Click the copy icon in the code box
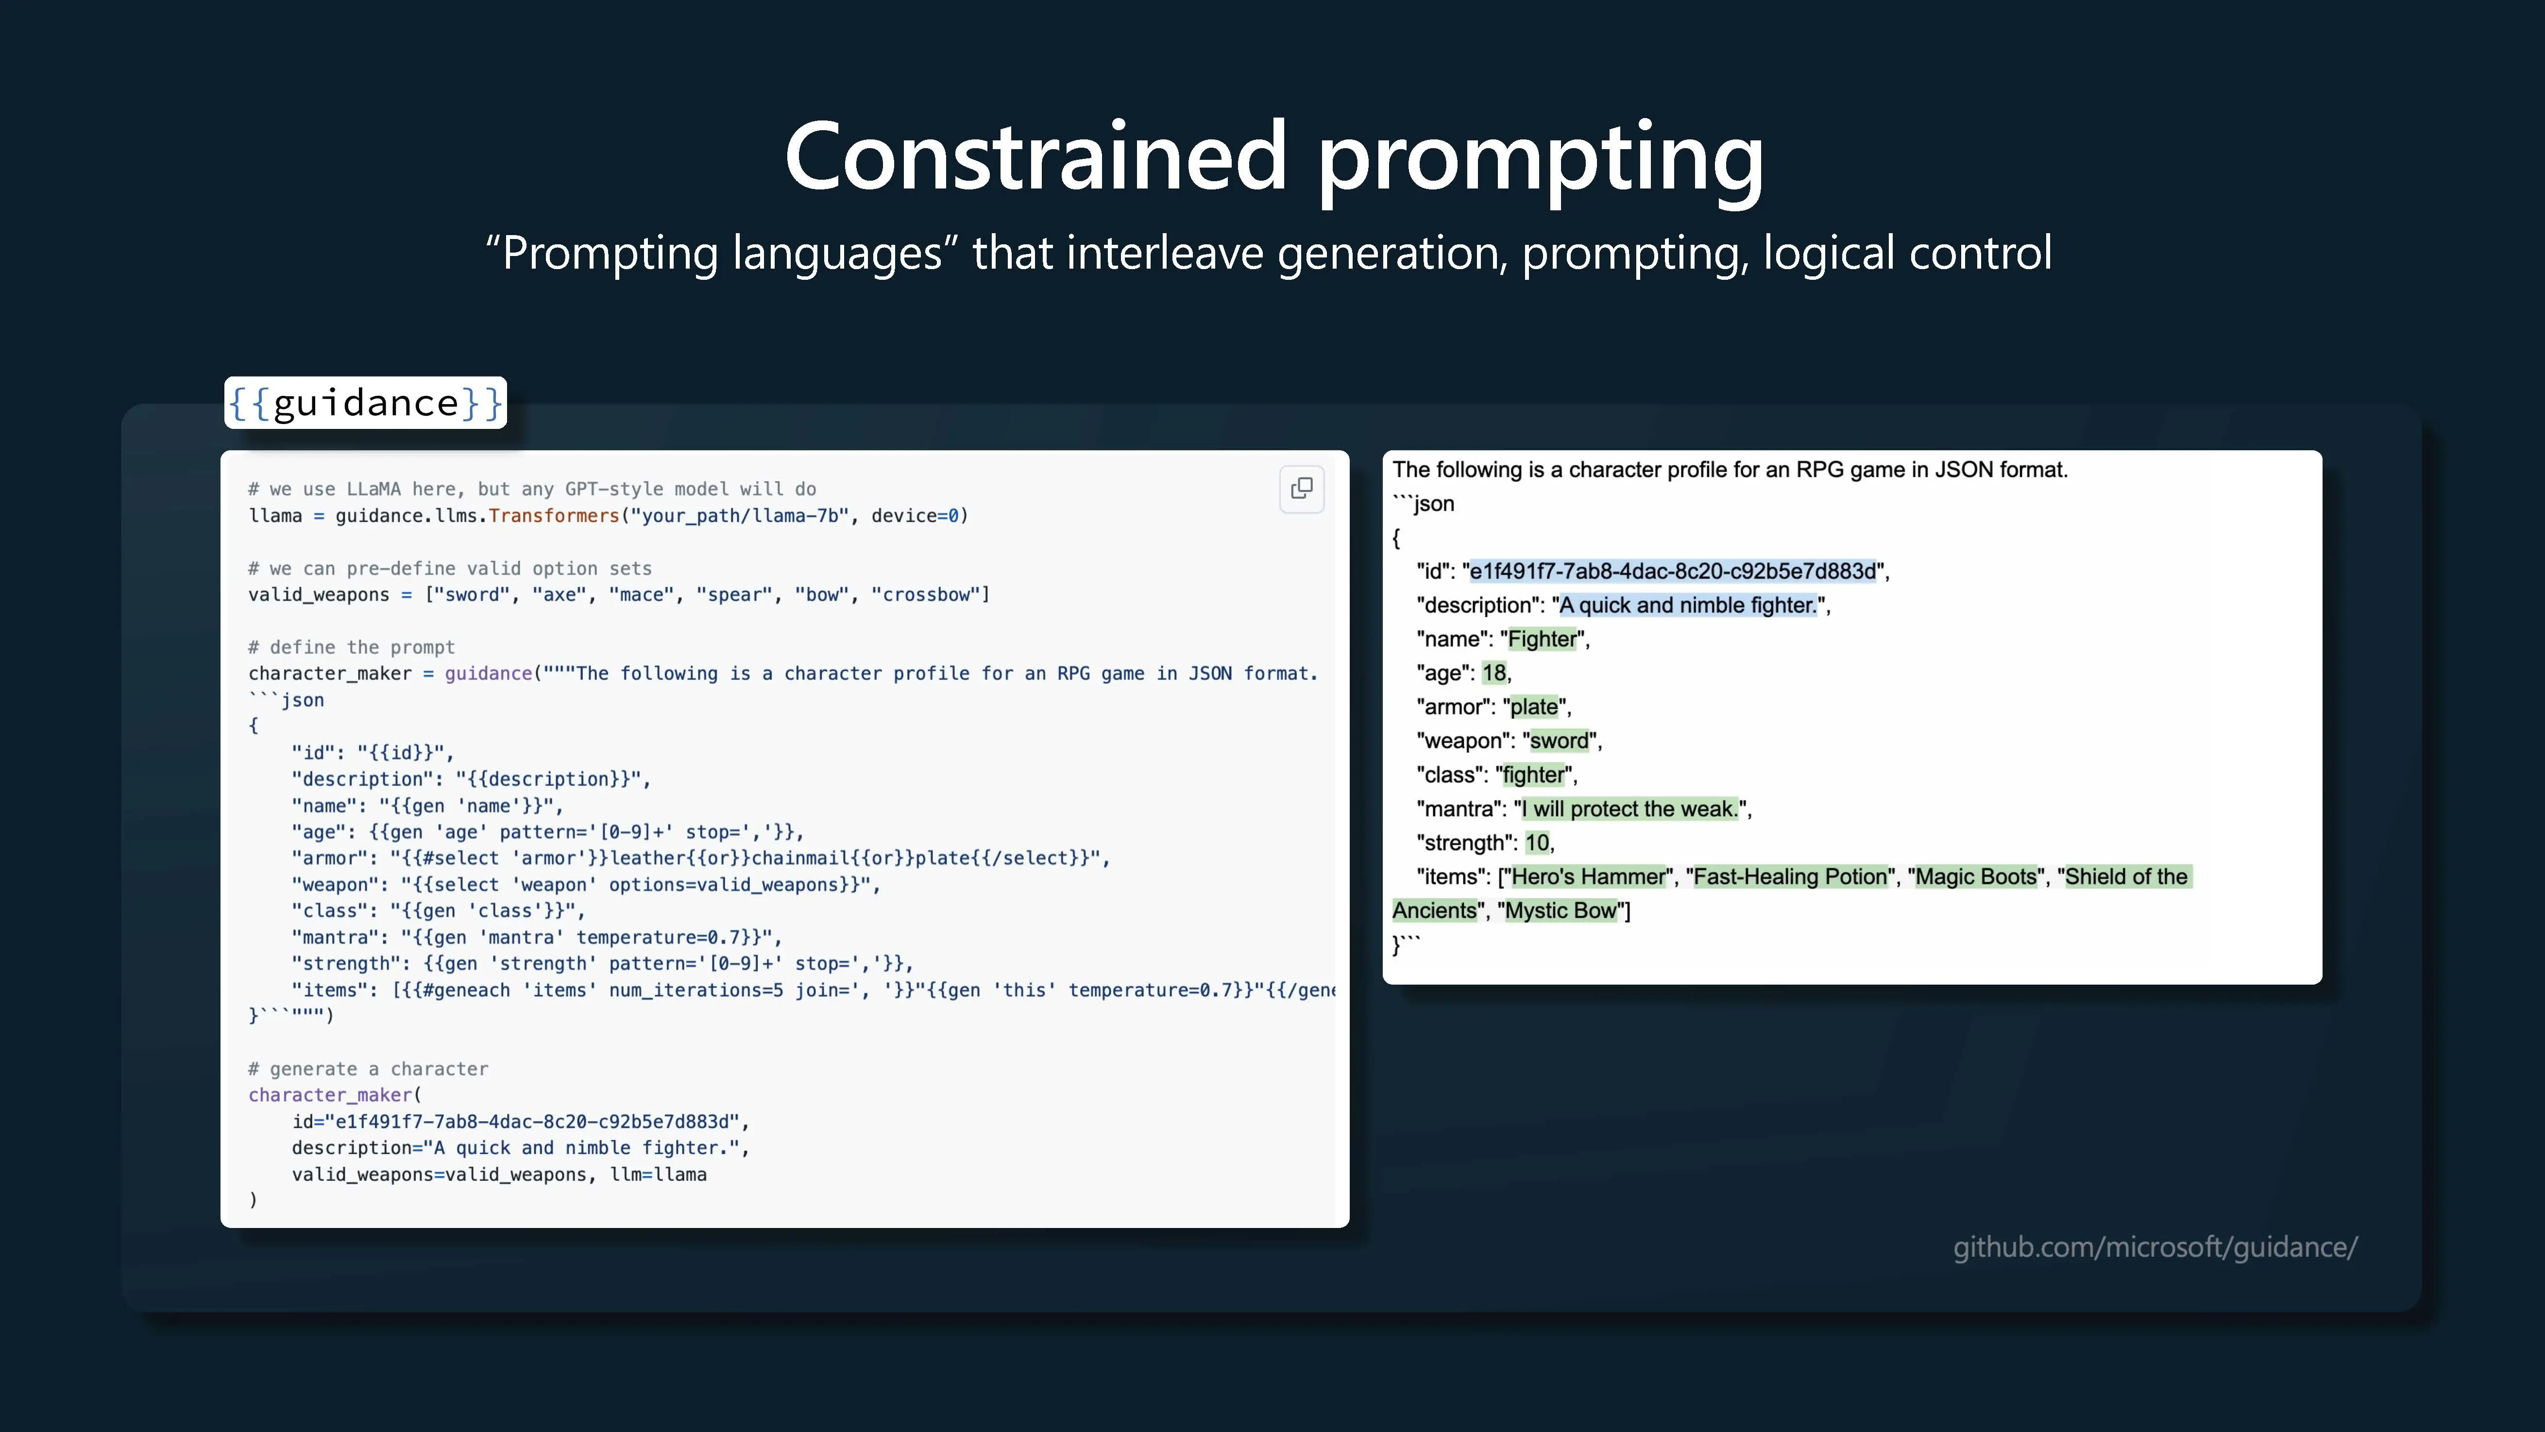click(1301, 488)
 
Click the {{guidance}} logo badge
click(366, 402)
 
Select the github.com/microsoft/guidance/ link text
click(2155, 1247)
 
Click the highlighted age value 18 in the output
click(1494, 673)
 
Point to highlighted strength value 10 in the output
click(1537, 843)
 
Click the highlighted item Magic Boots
click(1976, 877)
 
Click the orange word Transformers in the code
click(553, 516)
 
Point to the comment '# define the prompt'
click(352, 648)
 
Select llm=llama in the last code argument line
click(658, 1175)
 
